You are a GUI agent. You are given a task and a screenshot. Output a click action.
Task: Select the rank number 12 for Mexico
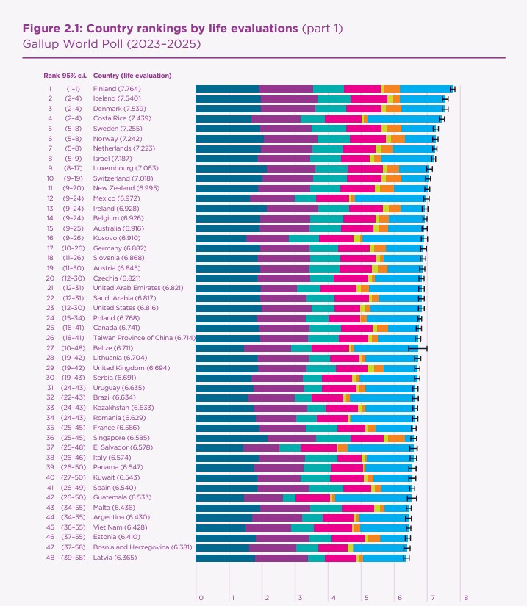50,198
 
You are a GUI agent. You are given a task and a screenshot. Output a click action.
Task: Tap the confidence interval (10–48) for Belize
71,348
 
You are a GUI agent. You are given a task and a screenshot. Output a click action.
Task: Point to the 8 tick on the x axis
465,597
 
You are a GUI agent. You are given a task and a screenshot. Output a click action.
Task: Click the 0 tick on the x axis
200,597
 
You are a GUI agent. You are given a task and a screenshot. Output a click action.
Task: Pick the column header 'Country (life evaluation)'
132,76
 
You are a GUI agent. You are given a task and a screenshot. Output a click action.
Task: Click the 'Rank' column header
51,76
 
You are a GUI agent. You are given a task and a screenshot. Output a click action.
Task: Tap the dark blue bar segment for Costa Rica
223,118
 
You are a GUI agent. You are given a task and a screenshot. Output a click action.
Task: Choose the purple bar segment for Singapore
292,438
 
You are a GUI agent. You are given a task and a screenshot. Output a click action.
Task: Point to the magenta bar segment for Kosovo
336,238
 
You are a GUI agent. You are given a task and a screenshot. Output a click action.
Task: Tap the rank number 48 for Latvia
50,557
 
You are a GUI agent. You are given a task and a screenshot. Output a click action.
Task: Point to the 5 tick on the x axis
365,597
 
